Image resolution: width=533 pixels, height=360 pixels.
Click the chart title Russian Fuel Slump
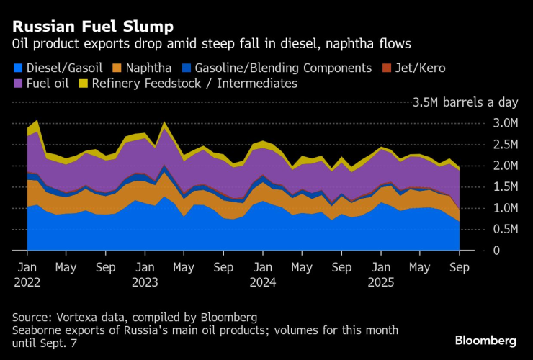click(x=93, y=27)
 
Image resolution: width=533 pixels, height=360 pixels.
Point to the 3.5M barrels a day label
click(x=466, y=103)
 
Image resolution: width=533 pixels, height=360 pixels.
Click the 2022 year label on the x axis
click(x=27, y=282)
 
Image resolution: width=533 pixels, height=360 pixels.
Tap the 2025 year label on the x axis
click(x=380, y=282)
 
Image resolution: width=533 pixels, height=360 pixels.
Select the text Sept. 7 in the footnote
click(x=59, y=344)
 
